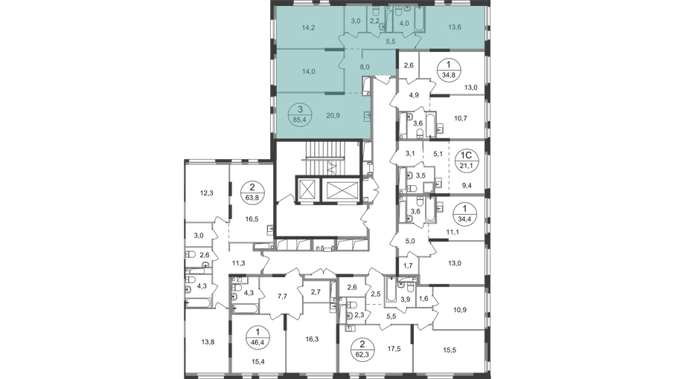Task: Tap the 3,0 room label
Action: pos(356,22)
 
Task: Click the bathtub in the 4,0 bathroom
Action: pos(418,18)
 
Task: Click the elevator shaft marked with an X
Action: pos(340,189)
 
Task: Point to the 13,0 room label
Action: pos(456,262)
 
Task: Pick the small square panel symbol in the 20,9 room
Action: pos(367,117)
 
